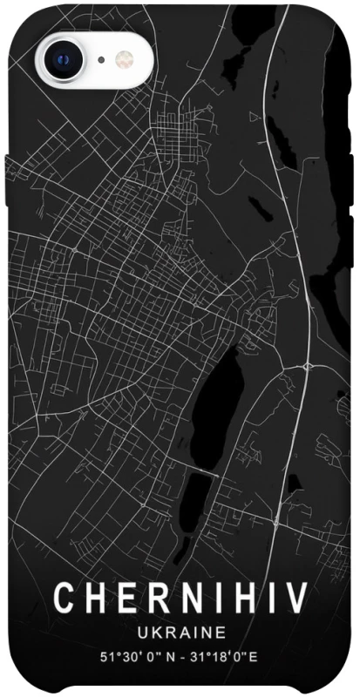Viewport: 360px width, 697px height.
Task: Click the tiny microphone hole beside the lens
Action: tap(102, 59)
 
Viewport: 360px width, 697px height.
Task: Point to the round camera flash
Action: tap(123, 59)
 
